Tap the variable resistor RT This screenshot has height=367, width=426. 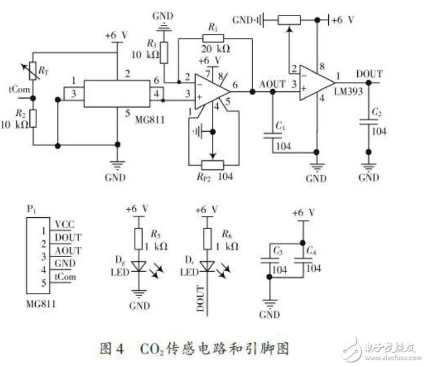33,72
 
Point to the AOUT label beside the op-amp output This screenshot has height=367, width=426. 272,84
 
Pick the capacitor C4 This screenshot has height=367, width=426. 301,261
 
